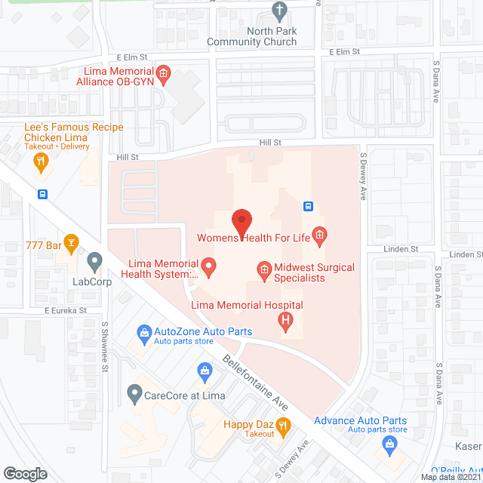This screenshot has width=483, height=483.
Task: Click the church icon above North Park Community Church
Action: (279, 12)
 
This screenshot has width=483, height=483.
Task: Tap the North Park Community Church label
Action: (272, 36)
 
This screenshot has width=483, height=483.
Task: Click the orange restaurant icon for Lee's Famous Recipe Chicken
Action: (42, 160)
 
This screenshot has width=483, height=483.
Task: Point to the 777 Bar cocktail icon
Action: (71, 242)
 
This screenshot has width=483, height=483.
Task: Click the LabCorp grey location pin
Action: (94, 262)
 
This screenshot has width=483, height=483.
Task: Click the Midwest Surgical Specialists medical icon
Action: (263, 269)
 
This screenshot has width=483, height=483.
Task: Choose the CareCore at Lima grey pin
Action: (134, 392)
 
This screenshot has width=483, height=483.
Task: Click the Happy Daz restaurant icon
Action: (283, 427)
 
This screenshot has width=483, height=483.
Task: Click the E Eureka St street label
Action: (66, 310)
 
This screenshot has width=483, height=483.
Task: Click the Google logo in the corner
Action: (25, 473)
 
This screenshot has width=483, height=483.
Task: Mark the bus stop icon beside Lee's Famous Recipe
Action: (43, 193)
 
